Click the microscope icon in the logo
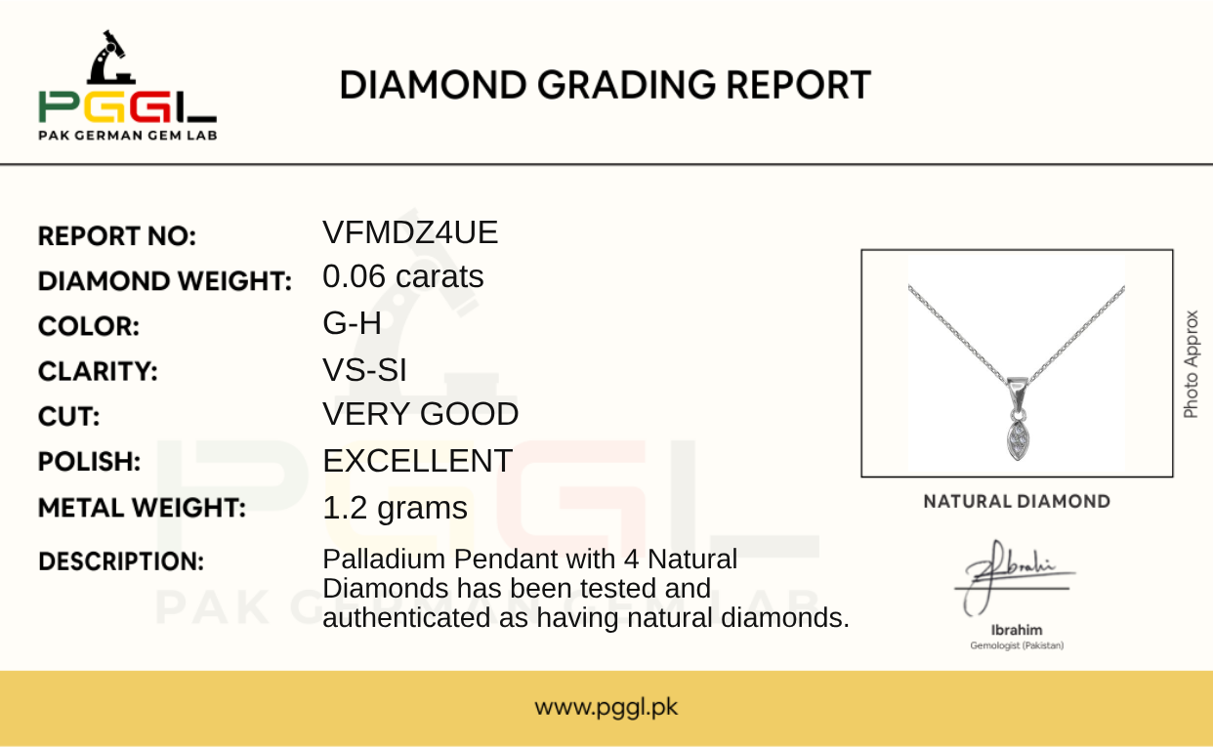pos(111,58)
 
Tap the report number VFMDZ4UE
pos(410,232)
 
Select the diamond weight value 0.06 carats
pos(403,276)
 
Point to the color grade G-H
pos(352,323)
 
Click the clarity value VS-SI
pos(364,370)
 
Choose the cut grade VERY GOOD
pos(421,414)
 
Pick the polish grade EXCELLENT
pos(417,461)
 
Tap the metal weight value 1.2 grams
pos(395,509)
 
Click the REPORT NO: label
pos(117,236)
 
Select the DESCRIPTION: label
pos(121,561)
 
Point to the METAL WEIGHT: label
pos(142,508)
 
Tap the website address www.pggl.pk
pos(606,707)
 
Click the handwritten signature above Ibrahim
pos(1013,577)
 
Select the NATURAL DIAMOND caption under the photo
pos(1017,502)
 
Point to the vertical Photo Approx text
pos(1191,364)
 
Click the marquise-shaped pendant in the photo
pos(1018,440)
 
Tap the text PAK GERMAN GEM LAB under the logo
pos(128,136)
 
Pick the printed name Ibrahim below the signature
pos(1017,630)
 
